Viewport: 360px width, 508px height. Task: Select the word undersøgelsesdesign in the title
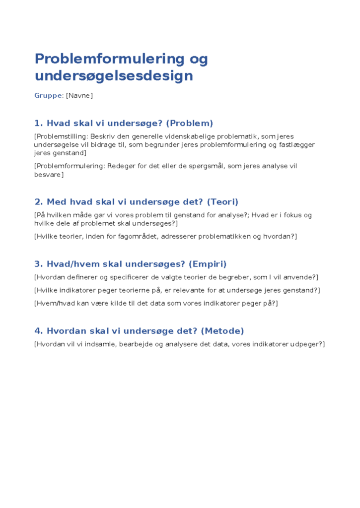(114, 76)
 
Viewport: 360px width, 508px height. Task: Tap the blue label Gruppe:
(49, 95)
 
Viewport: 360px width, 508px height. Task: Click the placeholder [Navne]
(79, 95)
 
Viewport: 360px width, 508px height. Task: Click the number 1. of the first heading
(39, 123)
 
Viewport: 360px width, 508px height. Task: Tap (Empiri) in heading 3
(205, 264)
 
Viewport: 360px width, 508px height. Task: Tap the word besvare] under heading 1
(49, 175)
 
